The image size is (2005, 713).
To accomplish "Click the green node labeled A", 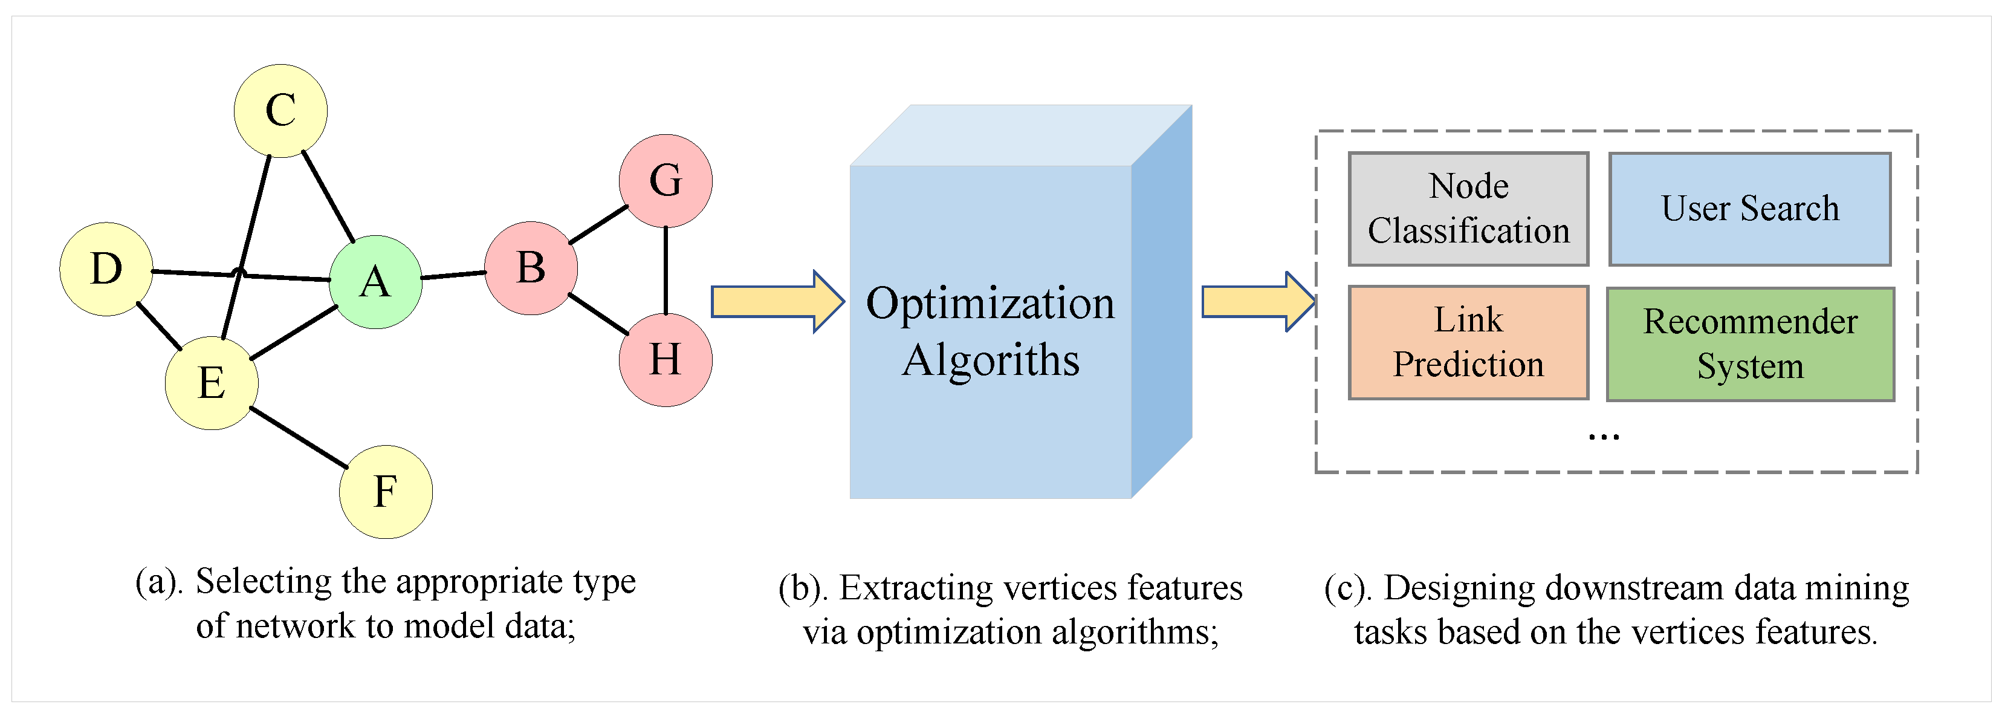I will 375,282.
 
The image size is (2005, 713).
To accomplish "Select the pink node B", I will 531,269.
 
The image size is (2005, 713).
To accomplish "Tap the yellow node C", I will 280,111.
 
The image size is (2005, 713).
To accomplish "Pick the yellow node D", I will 106,269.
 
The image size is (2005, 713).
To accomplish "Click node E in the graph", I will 212,383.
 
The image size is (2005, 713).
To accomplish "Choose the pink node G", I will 666,181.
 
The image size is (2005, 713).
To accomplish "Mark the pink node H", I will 666,360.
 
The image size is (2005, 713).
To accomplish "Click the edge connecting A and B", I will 453,275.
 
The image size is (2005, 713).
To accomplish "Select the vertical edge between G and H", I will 666,270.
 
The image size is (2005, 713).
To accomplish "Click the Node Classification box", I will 1468,209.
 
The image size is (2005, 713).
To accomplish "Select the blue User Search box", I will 1750,209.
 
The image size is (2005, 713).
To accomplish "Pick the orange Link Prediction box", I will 1468,342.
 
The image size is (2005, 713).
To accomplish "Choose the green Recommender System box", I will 1750,344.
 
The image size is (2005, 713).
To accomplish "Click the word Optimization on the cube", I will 990,304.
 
